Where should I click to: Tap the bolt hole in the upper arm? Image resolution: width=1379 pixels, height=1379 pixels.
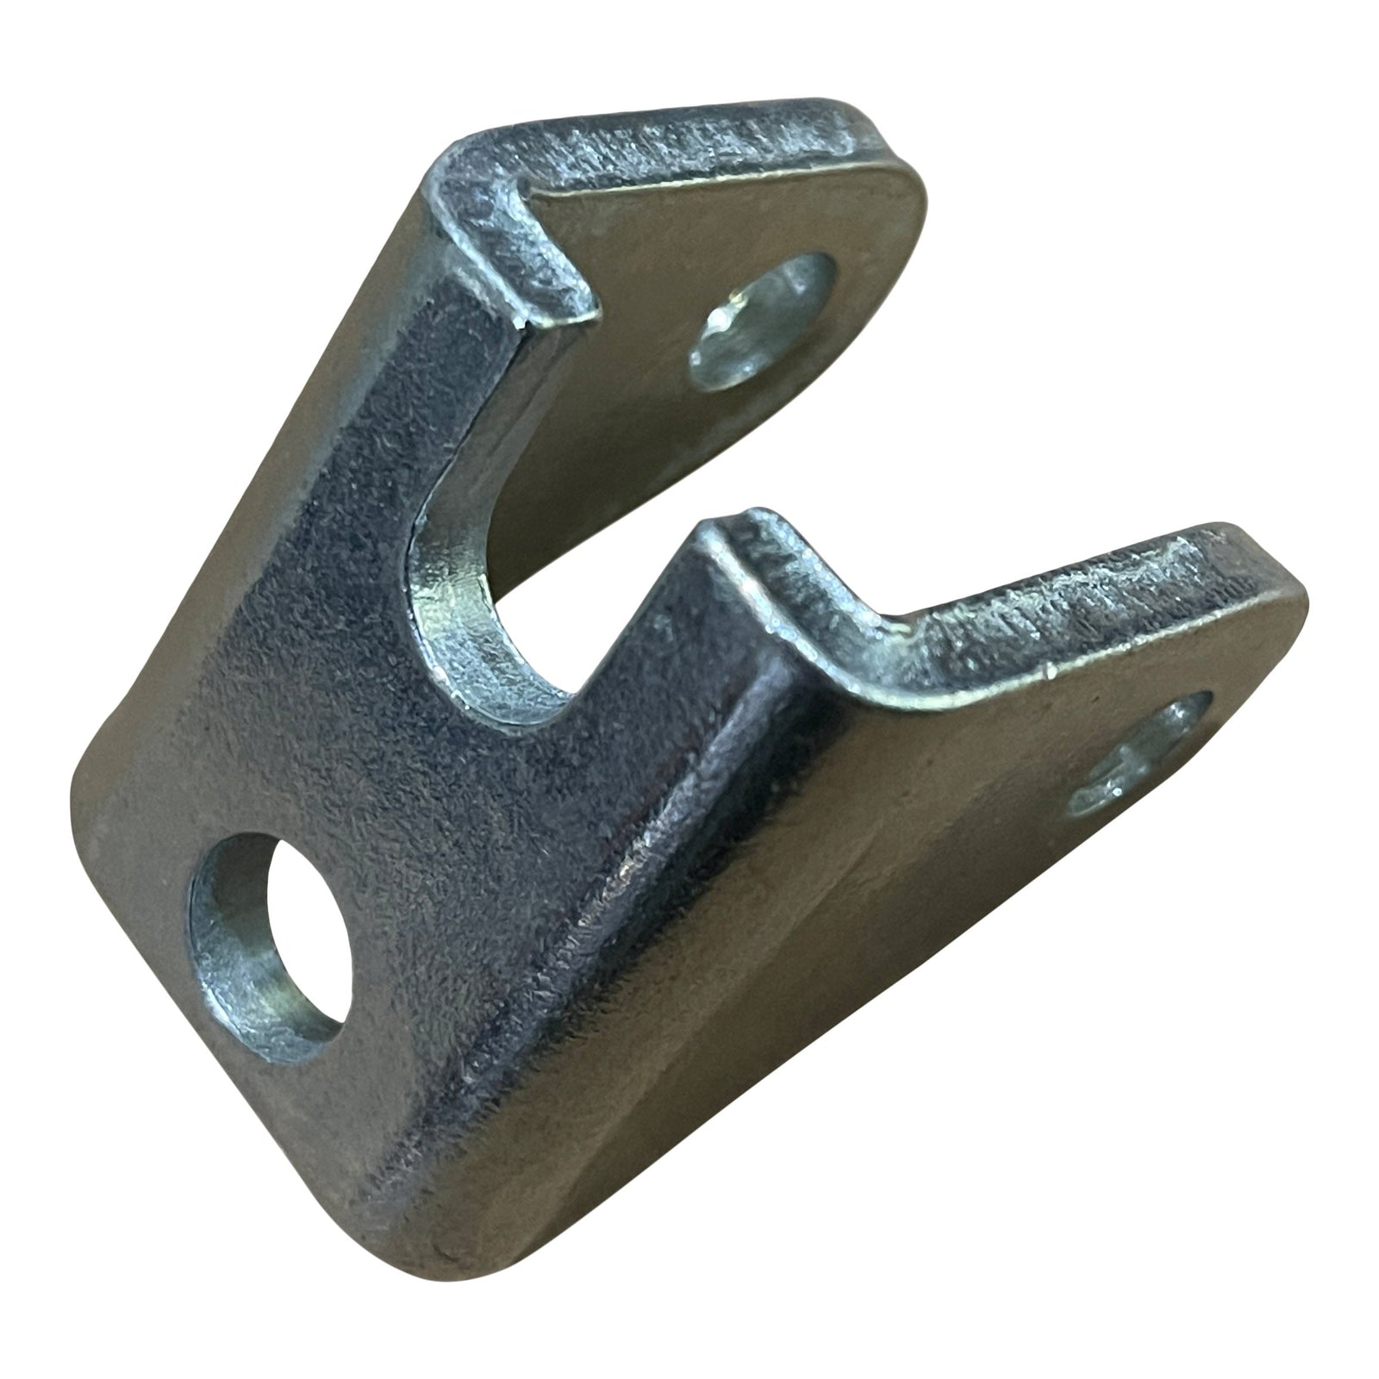click(763, 323)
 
